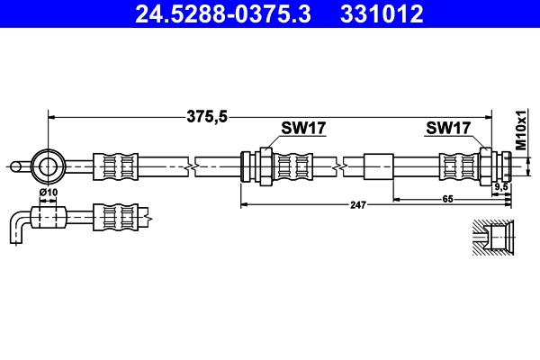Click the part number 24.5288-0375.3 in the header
click(223, 14)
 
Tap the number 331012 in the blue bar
click(382, 14)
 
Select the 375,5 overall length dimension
click(207, 116)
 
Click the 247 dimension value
click(358, 205)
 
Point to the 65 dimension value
click(447, 199)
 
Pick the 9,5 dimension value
click(501, 187)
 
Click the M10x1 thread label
click(521, 130)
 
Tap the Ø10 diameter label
click(48, 193)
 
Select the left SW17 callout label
click(303, 128)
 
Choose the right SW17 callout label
click(448, 128)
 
